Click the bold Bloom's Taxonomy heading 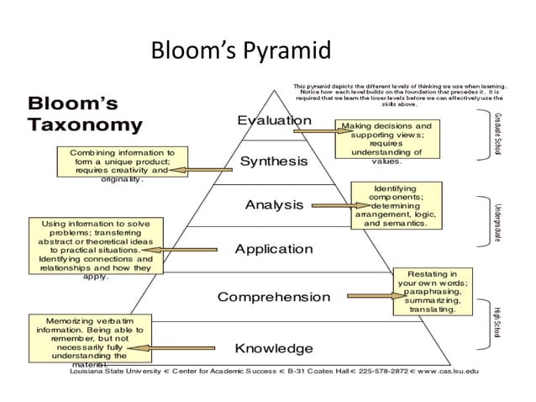(84, 115)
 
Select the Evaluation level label (274, 120)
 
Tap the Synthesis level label (274, 161)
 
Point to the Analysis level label (274, 204)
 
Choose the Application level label (274, 250)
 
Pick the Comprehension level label (274, 297)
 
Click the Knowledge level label (274, 348)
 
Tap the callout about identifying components (395, 206)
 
